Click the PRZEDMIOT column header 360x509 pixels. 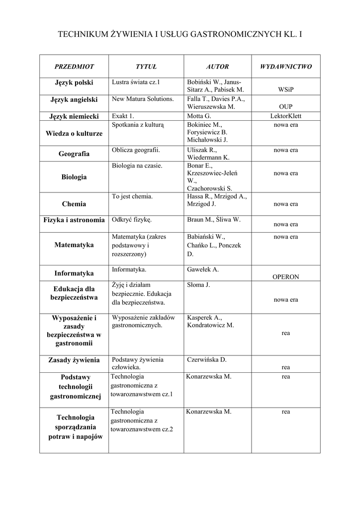point(74,66)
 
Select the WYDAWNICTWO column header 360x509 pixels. point(286,66)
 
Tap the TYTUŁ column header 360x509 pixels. point(146,66)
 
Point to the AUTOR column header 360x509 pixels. point(217,66)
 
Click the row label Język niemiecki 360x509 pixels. point(74,116)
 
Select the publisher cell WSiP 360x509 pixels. point(286,90)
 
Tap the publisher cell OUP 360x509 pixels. point(286,107)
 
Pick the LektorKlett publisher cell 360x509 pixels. point(286,116)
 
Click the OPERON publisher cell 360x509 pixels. point(286,277)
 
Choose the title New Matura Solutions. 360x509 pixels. point(143,99)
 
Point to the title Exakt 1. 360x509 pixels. point(123,116)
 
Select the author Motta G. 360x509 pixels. point(199,116)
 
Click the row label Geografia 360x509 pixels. point(74,154)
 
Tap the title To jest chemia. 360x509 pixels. point(132,196)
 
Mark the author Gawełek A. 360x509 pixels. point(203,269)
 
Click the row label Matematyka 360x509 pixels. point(74,245)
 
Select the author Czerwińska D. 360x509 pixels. point(207,359)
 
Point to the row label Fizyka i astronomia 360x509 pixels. point(74,220)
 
